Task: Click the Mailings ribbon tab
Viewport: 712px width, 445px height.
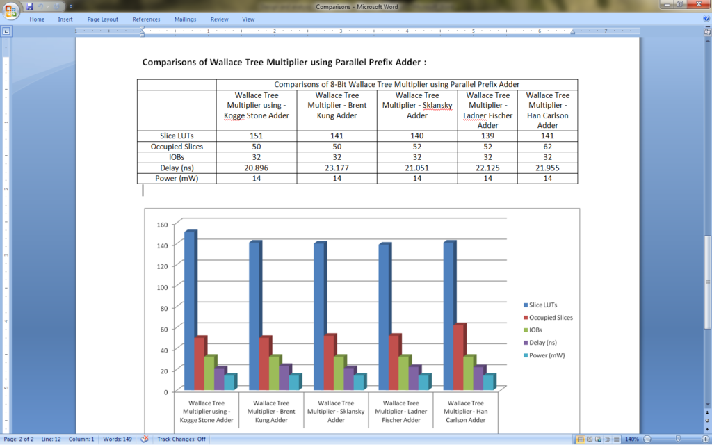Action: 184,19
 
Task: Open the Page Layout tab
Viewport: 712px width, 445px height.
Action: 102,19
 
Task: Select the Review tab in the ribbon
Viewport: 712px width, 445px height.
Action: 219,19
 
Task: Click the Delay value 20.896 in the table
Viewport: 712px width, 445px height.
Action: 256,168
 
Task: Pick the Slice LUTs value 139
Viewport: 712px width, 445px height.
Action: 487,136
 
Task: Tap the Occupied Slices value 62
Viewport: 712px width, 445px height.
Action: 547,147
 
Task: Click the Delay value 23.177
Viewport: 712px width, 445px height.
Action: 337,168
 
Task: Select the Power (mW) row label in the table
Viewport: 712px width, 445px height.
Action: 177,178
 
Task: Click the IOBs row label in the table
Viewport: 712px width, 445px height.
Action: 177,157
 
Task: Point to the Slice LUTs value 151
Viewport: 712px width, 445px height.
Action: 256,136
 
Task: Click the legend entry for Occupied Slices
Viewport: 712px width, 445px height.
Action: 551,318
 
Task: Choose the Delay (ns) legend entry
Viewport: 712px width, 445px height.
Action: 547,343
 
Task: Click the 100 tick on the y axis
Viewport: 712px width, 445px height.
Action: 162,287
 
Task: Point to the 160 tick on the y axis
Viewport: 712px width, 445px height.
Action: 162,225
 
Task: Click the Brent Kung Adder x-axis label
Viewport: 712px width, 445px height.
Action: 271,412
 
